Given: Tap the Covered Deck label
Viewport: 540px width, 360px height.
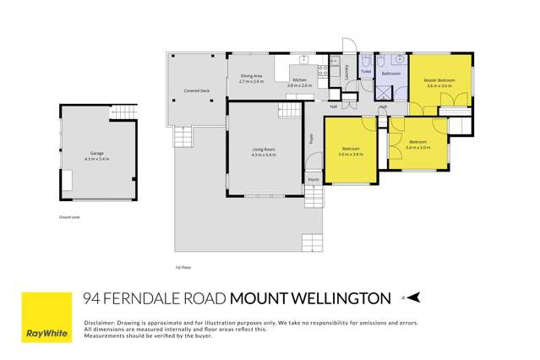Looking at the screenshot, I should [x=197, y=91].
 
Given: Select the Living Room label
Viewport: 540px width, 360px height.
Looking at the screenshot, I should [x=264, y=152].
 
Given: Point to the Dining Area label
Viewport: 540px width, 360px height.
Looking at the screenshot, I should [x=251, y=78].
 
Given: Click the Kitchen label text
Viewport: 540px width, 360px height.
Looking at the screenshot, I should [x=300, y=80].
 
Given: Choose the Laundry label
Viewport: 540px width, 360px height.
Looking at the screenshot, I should [x=346, y=74].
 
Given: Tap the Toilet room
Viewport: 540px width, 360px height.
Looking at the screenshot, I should [x=366, y=72].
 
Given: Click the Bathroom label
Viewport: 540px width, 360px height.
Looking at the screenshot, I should [x=390, y=74].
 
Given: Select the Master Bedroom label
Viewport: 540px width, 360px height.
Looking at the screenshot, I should [x=440, y=83].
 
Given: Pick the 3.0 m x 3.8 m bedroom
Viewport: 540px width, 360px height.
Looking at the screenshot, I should [x=351, y=152].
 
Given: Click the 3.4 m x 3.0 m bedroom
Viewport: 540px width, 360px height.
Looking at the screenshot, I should [x=417, y=145].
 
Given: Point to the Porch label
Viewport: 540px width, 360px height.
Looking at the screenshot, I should [x=313, y=180].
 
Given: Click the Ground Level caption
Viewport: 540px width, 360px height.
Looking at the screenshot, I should [x=69, y=217].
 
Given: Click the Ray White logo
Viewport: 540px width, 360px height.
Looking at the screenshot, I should [x=46, y=317].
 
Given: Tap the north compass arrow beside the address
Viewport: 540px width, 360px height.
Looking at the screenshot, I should [x=412, y=297].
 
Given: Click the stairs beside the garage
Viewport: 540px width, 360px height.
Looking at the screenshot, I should [x=124, y=111].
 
